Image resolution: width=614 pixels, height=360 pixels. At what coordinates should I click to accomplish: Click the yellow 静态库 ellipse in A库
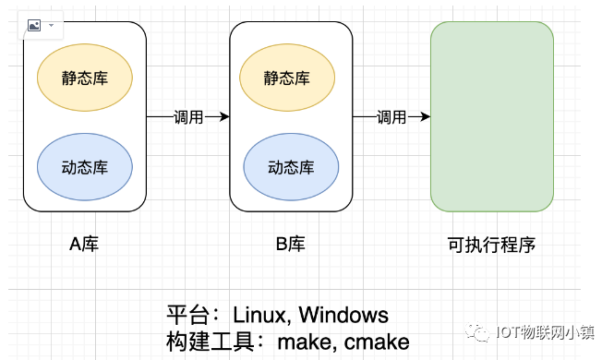pos(85,77)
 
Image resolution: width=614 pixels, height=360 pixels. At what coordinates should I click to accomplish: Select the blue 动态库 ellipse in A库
pos(85,167)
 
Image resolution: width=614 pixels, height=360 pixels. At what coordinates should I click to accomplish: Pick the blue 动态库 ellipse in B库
pos(291,167)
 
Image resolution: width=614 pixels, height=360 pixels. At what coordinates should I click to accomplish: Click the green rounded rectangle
pos(492,117)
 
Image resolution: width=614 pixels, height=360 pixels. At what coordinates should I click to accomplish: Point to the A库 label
pos(85,245)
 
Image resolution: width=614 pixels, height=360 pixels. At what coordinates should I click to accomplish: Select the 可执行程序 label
pos(491,245)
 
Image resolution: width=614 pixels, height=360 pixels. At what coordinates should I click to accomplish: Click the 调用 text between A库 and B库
pos(188,117)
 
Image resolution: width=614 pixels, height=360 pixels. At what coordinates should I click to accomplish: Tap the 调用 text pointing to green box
pos(391,117)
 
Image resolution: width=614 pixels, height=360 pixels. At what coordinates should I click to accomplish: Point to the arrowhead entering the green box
pos(425,117)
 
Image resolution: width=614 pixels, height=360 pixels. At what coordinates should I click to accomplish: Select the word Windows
pos(343,315)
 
